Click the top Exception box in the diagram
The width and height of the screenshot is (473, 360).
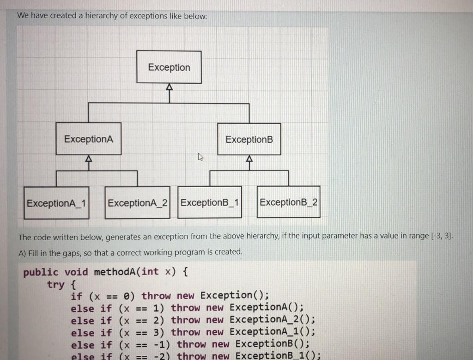(x=169, y=67)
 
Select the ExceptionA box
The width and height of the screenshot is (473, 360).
(x=89, y=139)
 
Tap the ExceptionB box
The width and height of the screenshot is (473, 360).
(x=249, y=139)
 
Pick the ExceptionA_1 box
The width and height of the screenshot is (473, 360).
(x=57, y=203)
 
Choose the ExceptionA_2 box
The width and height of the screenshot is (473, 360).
(x=137, y=203)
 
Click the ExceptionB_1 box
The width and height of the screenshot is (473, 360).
(x=210, y=202)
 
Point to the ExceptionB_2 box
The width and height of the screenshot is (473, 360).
(x=288, y=202)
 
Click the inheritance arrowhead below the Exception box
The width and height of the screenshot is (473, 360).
(x=169, y=87)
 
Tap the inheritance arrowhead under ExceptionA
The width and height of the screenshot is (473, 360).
(x=89, y=159)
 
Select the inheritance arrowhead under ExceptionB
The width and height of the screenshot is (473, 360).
(x=249, y=159)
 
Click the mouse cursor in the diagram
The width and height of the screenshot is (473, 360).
(x=200, y=158)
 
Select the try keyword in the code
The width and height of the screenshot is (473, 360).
(x=56, y=284)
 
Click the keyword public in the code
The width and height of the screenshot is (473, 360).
(x=41, y=272)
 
